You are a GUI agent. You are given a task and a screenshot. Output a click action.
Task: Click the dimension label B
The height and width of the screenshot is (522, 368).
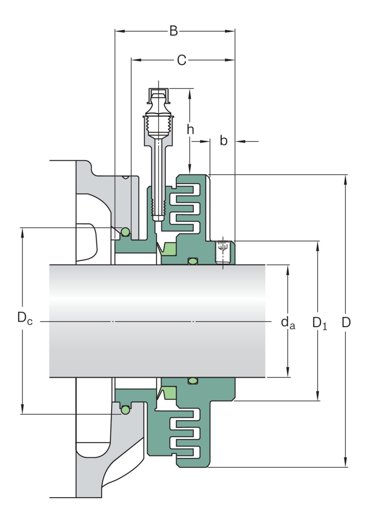(x=174, y=31)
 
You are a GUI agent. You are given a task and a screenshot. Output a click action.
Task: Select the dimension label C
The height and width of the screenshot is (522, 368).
(x=181, y=60)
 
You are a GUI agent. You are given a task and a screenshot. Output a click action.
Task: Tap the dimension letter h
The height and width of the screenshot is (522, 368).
(x=190, y=130)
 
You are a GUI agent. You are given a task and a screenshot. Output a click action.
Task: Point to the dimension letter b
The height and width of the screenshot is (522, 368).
(x=224, y=141)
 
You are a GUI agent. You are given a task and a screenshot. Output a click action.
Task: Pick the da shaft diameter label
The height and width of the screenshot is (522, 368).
(x=288, y=322)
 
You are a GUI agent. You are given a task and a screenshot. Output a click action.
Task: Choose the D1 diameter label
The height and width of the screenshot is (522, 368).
(x=319, y=322)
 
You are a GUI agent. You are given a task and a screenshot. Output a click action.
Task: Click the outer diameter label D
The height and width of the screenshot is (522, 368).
(x=346, y=322)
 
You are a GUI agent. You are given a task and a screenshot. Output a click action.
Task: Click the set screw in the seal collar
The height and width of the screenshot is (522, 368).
(x=222, y=252)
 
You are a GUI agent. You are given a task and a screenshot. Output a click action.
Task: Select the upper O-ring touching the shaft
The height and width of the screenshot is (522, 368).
(x=192, y=261)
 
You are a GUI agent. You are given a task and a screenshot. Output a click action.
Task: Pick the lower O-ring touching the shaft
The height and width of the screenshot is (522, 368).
(x=192, y=380)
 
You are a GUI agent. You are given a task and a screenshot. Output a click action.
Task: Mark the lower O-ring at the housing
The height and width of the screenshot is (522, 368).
(x=125, y=411)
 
